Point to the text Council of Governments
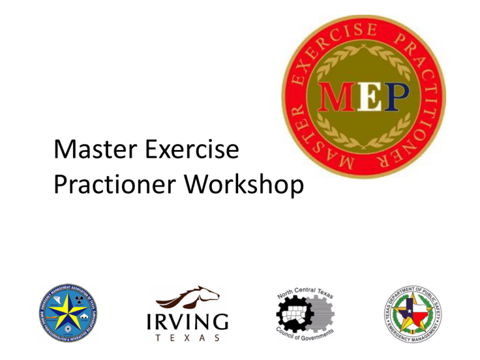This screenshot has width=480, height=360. pos(303,338)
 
